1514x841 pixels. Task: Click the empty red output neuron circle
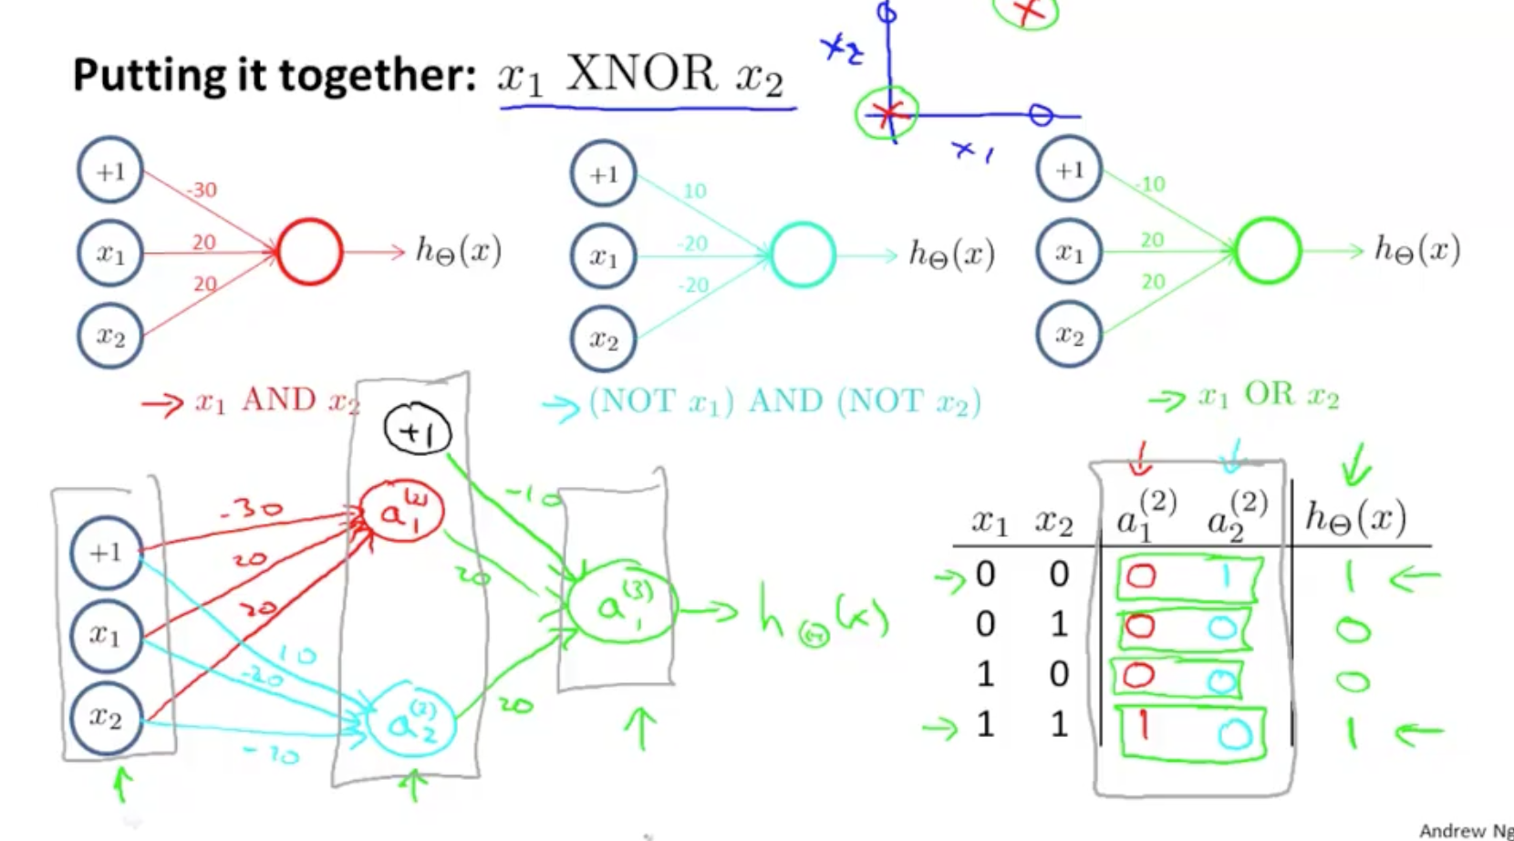(x=310, y=252)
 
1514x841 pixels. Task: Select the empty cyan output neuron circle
(x=803, y=254)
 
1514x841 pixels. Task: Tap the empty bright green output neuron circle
(x=1268, y=251)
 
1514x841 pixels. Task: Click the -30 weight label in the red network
(x=202, y=190)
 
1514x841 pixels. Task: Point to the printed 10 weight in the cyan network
(x=695, y=191)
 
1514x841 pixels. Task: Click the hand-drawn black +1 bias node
(x=418, y=431)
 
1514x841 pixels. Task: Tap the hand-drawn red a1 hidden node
(x=401, y=513)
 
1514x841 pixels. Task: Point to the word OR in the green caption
(x=1269, y=394)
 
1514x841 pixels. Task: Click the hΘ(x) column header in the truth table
(x=1355, y=519)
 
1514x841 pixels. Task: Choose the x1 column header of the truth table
(x=989, y=523)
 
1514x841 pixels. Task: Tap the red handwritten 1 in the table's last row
(x=1142, y=727)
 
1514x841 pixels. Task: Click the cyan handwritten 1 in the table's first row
(x=1227, y=576)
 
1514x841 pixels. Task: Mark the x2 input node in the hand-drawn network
(x=107, y=718)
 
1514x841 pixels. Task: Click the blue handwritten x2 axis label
(x=841, y=49)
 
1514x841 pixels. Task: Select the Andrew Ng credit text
(x=1465, y=830)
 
